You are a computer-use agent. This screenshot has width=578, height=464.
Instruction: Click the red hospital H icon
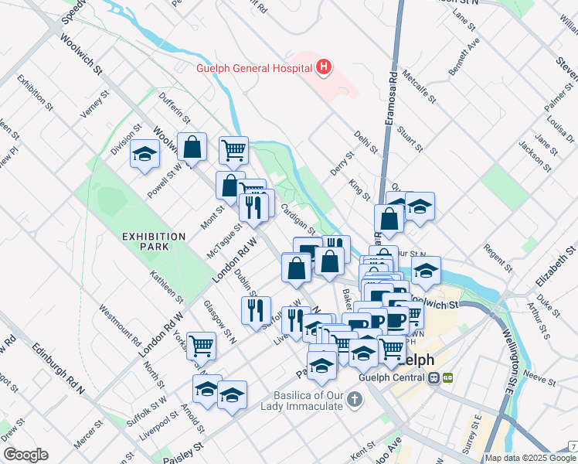coord(324,68)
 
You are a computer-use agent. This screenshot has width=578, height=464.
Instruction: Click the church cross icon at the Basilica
coord(354,400)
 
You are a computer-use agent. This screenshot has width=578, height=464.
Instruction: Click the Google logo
coord(25,455)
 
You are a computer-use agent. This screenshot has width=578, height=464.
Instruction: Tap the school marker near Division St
coord(144,155)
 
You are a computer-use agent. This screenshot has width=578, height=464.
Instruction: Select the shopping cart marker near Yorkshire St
coord(201,344)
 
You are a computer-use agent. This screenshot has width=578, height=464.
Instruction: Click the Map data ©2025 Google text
coord(529,458)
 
